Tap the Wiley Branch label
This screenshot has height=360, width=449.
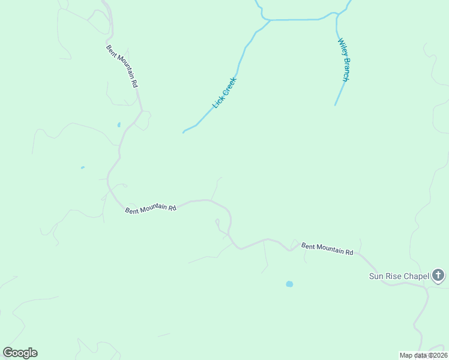click(343, 60)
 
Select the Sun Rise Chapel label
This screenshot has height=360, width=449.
click(399, 276)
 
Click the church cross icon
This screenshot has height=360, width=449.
click(438, 275)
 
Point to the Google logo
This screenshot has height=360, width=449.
click(20, 353)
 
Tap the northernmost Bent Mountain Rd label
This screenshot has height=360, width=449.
click(122, 66)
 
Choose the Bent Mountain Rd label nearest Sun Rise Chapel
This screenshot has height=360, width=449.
click(327, 249)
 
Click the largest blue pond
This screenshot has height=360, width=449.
click(289, 284)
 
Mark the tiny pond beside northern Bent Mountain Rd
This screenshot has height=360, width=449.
click(119, 125)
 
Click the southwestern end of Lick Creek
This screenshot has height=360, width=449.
click(184, 131)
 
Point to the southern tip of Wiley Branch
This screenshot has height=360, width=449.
click(335, 105)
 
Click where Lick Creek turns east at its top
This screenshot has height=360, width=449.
click(270, 21)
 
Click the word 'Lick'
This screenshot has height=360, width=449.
click(217, 103)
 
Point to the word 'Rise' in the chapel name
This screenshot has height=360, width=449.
click(394, 276)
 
